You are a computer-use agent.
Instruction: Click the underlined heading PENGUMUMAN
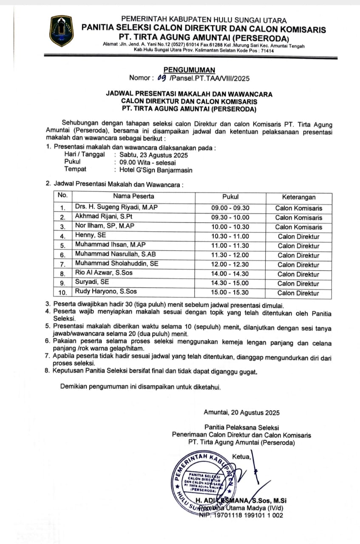point(190,70)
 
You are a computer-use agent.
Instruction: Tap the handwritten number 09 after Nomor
point(162,78)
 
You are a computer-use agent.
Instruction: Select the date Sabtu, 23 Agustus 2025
point(153,155)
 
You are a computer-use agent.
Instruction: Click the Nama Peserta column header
point(133,196)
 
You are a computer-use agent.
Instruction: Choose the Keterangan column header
point(298,197)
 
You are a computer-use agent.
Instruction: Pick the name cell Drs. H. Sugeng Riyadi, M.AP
point(114,207)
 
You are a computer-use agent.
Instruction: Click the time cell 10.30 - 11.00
point(230,237)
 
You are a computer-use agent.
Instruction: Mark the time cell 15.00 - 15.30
point(230,293)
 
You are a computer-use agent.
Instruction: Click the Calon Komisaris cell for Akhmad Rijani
point(298,218)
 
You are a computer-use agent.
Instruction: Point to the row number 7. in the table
point(62,265)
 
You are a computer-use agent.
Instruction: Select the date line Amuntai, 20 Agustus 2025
point(241,412)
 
